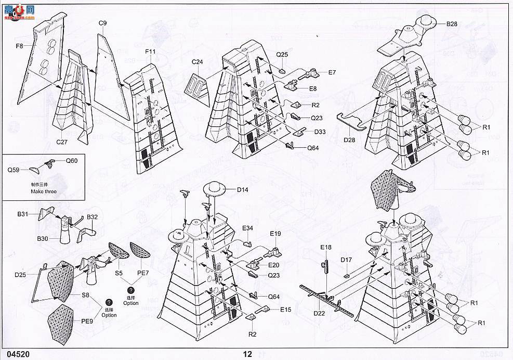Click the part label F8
[x=19, y=46]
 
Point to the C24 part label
[x=197, y=62]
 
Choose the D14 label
[x=242, y=190]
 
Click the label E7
[x=332, y=72]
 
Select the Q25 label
[x=282, y=55]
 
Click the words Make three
[x=43, y=191]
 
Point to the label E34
[x=247, y=228]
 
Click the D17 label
[x=346, y=260]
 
